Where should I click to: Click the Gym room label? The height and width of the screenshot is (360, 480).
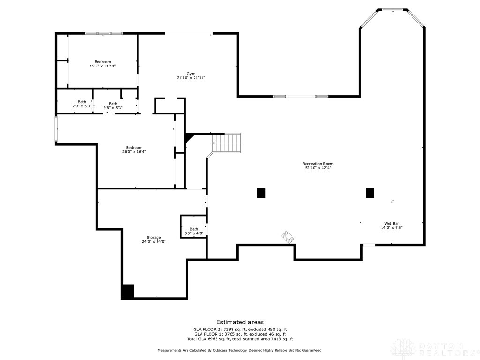[x=191, y=74]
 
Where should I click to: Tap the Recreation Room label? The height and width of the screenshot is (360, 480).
[x=318, y=164]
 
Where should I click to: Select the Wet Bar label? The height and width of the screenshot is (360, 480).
[x=391, y=224]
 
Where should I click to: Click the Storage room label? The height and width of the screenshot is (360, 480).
[x=153, y=238]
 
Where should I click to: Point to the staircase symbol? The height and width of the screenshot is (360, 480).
[x=227, y=142]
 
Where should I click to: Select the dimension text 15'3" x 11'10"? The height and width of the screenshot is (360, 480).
[x=103, y=67]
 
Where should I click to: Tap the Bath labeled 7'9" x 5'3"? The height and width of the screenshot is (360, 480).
[x=82, y=104]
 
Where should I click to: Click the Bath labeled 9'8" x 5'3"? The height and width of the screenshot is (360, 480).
[x=113, y=106]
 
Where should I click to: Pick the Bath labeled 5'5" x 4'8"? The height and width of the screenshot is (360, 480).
[x=194, y=231]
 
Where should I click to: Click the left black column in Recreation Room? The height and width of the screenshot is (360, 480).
[x=261, y=193]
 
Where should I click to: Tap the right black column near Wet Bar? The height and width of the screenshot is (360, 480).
[x=370, y=193]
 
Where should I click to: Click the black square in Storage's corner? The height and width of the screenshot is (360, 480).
[x=127, y=291]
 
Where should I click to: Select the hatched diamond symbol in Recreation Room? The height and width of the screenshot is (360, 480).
[x=288, y=237]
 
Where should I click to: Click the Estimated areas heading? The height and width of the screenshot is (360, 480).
[x=240, y=322]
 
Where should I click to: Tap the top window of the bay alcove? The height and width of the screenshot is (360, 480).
[x=392, y=9]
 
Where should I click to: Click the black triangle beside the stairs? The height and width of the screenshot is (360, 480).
[x=189, y=137]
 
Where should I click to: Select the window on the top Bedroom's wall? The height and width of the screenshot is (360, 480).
[x=104, y=33]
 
